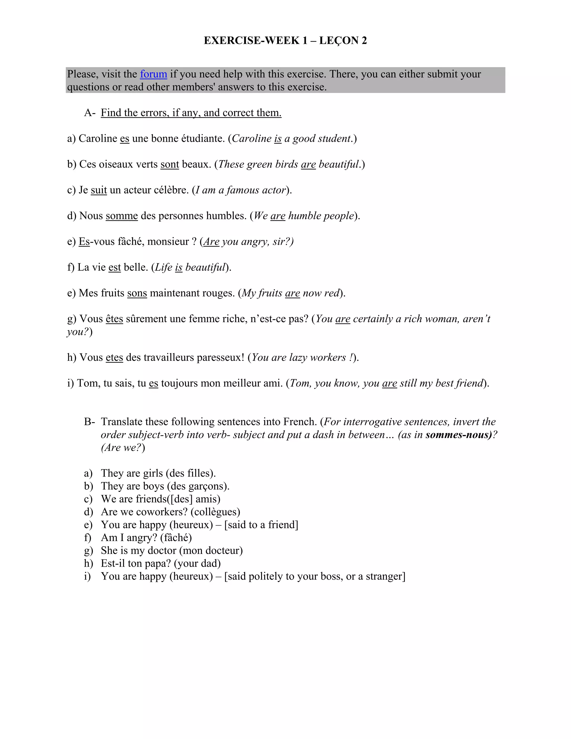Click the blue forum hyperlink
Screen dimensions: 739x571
point(153,74)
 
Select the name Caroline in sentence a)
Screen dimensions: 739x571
point(98,138)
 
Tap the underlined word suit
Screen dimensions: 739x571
point(99,190)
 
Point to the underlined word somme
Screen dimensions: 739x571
point(122,216)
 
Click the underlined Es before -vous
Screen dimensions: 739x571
point(84,241)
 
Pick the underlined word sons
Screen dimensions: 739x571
point(137,293)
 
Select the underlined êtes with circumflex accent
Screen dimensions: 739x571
point(114,319)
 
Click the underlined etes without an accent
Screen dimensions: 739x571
point(114,358)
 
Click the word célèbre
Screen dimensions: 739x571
point(171,190)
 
